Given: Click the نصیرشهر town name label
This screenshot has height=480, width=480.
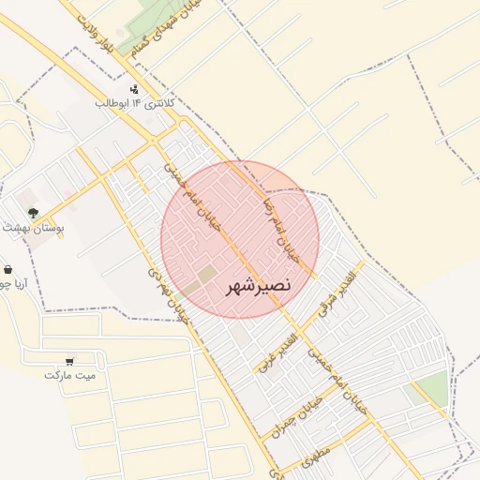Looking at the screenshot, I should (x=259, y=284).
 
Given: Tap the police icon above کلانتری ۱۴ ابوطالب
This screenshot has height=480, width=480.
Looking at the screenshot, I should (x=134, y=89).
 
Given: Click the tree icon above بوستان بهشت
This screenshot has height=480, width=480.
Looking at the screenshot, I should (x=33, y=213).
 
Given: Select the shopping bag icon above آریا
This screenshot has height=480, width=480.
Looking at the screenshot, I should (x=8, y=270).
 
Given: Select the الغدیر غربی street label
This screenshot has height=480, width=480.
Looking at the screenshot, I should (x=277, y=352).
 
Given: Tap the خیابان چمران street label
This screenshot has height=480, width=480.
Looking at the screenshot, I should (x=296, y=416).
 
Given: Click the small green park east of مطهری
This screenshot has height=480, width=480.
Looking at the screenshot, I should (x=430, y=389).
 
